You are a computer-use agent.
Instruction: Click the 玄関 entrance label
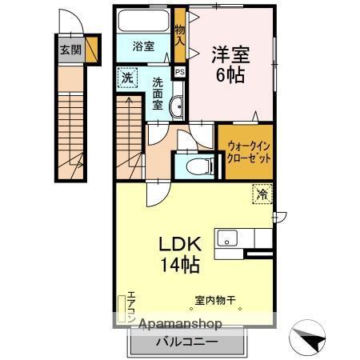[x=70, y=49]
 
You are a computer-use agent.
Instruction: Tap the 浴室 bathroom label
[x=144, y=46]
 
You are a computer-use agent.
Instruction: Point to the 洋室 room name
[x=230, y=55]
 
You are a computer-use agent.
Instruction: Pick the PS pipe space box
[x=180, y=72]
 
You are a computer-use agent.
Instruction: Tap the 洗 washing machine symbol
[x=127, y=79]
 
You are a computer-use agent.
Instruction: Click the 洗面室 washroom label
[x=158, y=93]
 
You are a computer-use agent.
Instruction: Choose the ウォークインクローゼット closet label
[x=249, y=153]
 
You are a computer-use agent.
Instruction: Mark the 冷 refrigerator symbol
[x=262, y=193]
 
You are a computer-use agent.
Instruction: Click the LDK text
[x=182, y=243]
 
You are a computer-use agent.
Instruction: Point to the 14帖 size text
[x=182, y=263]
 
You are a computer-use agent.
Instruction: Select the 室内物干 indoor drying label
[x=215, y=301]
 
